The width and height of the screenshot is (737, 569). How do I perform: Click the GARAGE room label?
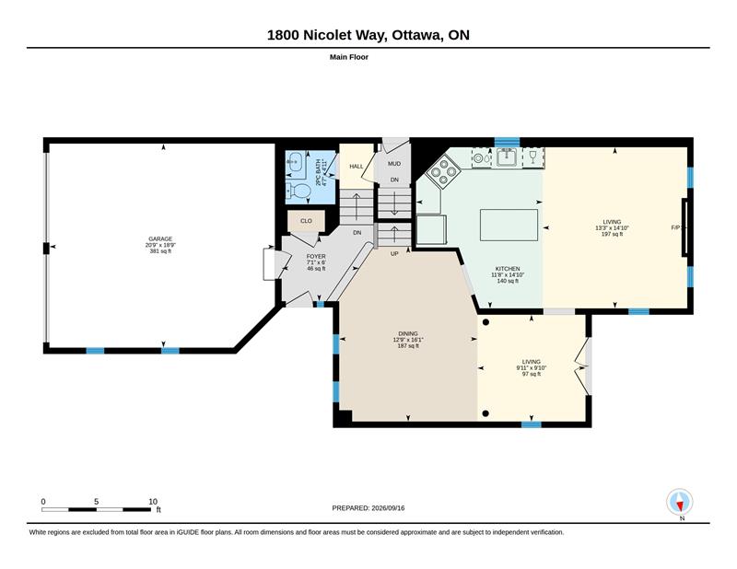[160, 238]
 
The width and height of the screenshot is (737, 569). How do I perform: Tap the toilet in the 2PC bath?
[298, 192]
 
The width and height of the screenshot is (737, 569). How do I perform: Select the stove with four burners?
[443, 172]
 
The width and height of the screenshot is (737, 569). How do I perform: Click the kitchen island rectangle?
[509, 225]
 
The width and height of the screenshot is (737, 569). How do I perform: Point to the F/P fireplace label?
[676, 227]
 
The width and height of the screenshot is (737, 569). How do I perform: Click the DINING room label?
[408, 333]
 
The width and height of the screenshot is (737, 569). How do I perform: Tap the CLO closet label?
[306, 221]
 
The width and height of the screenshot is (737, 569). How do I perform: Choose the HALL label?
[357, 167]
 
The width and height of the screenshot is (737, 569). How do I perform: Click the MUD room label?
[394, 164]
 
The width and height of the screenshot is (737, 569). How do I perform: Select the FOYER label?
[316, 257]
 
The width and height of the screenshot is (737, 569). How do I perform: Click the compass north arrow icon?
[680, 502]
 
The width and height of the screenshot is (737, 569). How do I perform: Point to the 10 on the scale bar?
[153, 502]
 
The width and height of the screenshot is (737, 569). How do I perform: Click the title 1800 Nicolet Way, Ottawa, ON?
[368, 35]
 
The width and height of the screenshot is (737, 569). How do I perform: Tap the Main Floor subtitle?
[349, 57]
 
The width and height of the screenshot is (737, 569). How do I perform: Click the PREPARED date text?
[368, 508]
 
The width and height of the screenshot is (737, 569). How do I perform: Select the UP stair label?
[394, 254]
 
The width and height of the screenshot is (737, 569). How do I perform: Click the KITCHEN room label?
[508, 269]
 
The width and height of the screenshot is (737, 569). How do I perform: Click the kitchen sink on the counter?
[507, 157]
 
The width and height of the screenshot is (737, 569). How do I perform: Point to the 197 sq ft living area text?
[612, 234]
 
